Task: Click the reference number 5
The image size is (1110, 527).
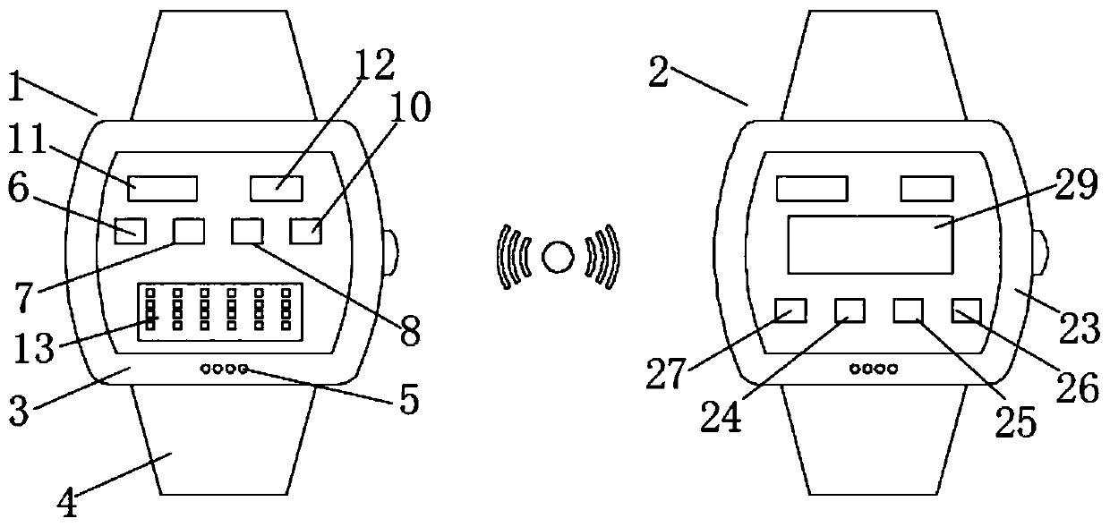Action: pyautogui.click(x=408, y=400)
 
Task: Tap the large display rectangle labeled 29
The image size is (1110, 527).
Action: pyautogui.click(x=868, y=244)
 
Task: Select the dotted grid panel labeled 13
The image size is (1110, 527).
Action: pyautogui.click(x=218, y=309)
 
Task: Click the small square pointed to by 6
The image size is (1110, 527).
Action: pyautogui.click(x=131, y=231)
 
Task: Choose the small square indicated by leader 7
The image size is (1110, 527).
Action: pyautogui.click(x=188, y=231)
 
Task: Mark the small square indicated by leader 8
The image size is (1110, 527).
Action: pyautogui.click(x=247, y=231)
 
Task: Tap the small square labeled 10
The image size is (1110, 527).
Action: pyautogui.click(x=305, y=231)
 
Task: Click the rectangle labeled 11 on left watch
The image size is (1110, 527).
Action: pyautogui.click(x=162, y=188)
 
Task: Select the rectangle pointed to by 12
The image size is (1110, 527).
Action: pyautogui.click(x=276, y=188)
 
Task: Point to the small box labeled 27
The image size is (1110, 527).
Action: pyautogui.click(x=790, y=310)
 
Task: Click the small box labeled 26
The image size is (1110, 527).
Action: pyautogui.click(x=967, y=310)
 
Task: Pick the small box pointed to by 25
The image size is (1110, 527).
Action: pyautogui.click(x=908, y=310)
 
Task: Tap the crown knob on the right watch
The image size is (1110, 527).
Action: pyautogui.click(x=1042, y=253)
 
